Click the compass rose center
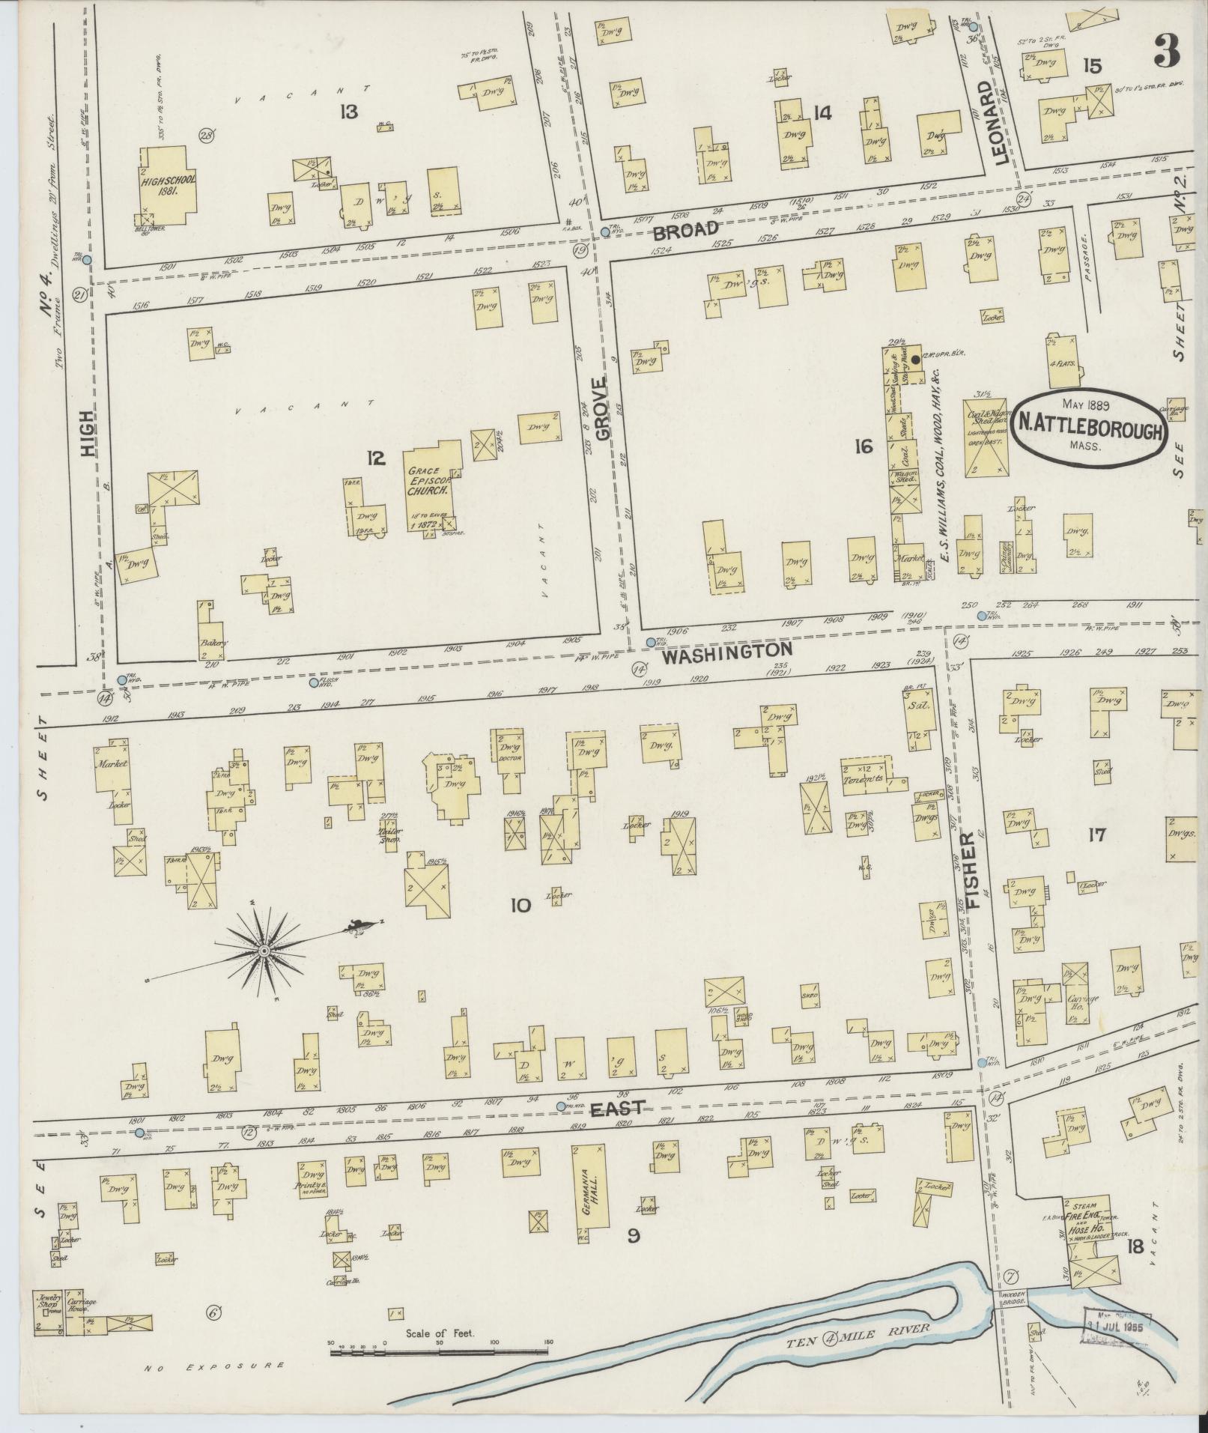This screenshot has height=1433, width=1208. click(264, 951)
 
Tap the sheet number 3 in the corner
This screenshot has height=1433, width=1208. click(1167, 51)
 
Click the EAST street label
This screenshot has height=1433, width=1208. click(616, 1108)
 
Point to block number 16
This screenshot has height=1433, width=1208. click(863, 447)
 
